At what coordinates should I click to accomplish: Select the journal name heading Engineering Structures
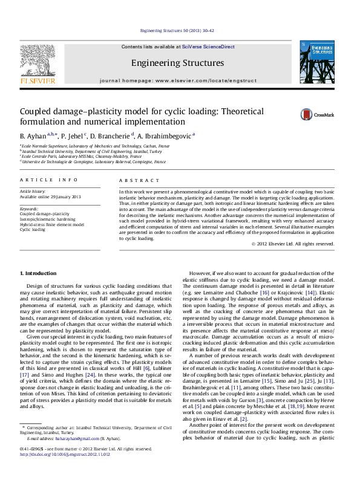[178, 63]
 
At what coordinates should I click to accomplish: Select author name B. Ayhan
[33, 137]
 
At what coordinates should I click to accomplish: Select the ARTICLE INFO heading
[49, 180]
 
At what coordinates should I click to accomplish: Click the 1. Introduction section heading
[39, 274]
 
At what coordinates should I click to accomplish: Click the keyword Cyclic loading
[33, 230]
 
